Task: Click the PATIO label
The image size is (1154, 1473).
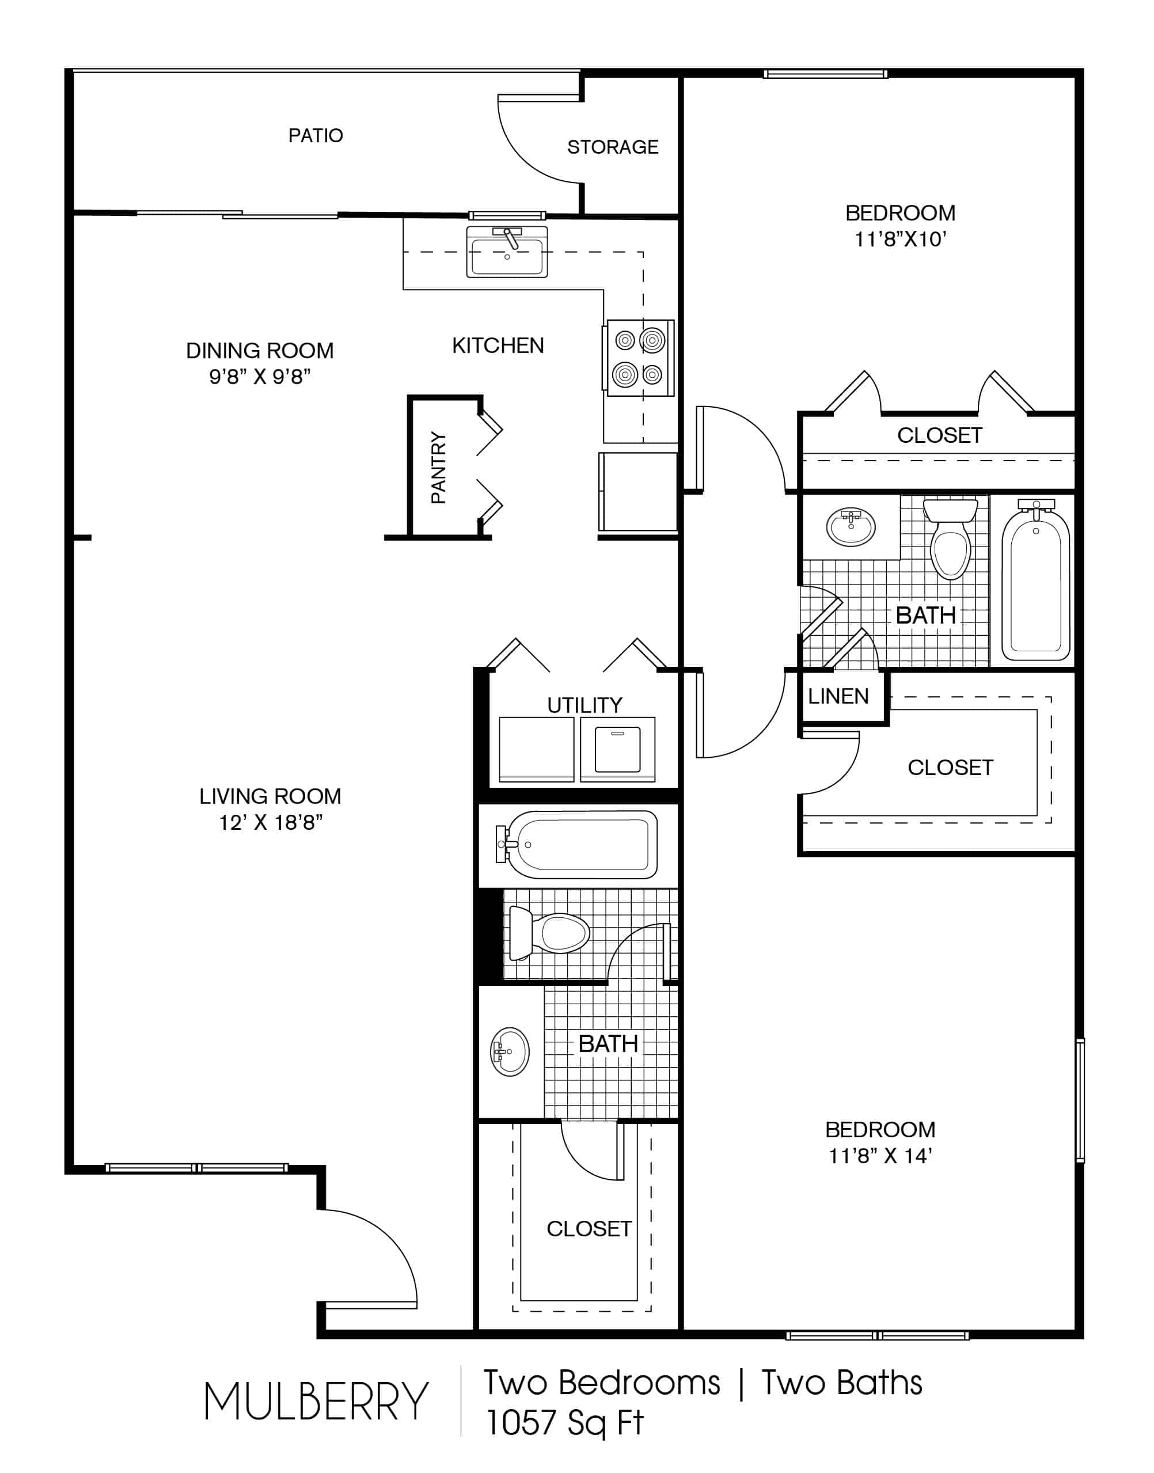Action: click(316, 135)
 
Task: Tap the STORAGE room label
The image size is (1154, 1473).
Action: click(612, 147)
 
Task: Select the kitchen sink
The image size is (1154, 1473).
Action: click(507, 253)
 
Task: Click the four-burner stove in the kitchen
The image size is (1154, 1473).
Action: click(639, 358)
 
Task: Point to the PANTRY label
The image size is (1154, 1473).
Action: click(438, 468)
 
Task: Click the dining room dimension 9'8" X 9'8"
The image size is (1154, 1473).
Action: click(260, 377)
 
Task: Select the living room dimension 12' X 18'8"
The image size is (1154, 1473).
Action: click(270, 822)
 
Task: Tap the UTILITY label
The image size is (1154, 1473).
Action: click(584, 705)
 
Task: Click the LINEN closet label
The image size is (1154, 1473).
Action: click(838, 696)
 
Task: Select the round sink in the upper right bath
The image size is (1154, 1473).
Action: click(851, 527)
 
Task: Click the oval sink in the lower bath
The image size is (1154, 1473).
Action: click(510, 1051)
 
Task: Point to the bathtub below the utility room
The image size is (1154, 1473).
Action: click(578, 845)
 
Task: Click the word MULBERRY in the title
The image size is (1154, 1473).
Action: click(316, 1402)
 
